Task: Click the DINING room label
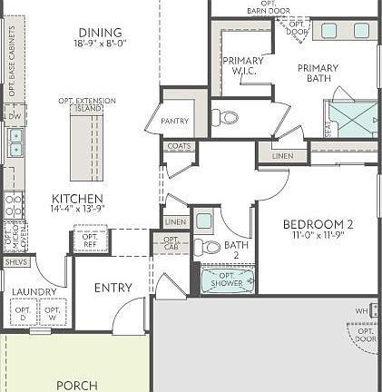point(100,32)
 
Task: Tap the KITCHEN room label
point(77,199)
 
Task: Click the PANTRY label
point(174,121)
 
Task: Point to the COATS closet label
point(179,146)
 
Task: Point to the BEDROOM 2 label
point(318,225)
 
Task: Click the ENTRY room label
point(113,288)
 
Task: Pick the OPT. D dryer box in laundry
point(24,312)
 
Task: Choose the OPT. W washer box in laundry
point(53,312)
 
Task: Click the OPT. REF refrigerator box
point(91,240)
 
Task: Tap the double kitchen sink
point(15,142)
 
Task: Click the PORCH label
point(77,385)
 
